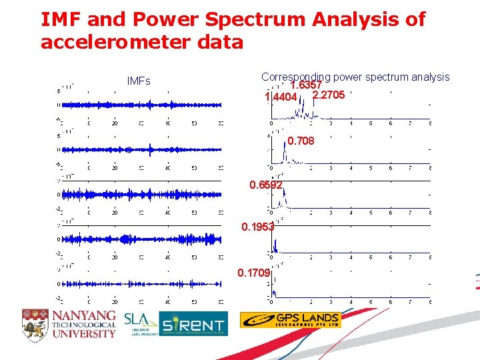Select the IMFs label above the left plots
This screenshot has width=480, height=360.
139,81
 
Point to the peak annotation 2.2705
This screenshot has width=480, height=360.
329,95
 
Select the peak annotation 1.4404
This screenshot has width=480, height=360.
281,97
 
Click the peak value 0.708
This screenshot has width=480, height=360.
301,141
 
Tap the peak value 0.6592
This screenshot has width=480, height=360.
266,185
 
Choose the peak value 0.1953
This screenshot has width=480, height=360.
258,227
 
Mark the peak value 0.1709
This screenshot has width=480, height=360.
254,273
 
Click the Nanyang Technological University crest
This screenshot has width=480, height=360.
35,323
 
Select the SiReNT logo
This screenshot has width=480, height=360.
194,324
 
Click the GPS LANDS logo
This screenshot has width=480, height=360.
290,320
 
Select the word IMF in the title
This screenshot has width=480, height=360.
58,19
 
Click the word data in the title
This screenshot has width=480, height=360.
221,43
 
